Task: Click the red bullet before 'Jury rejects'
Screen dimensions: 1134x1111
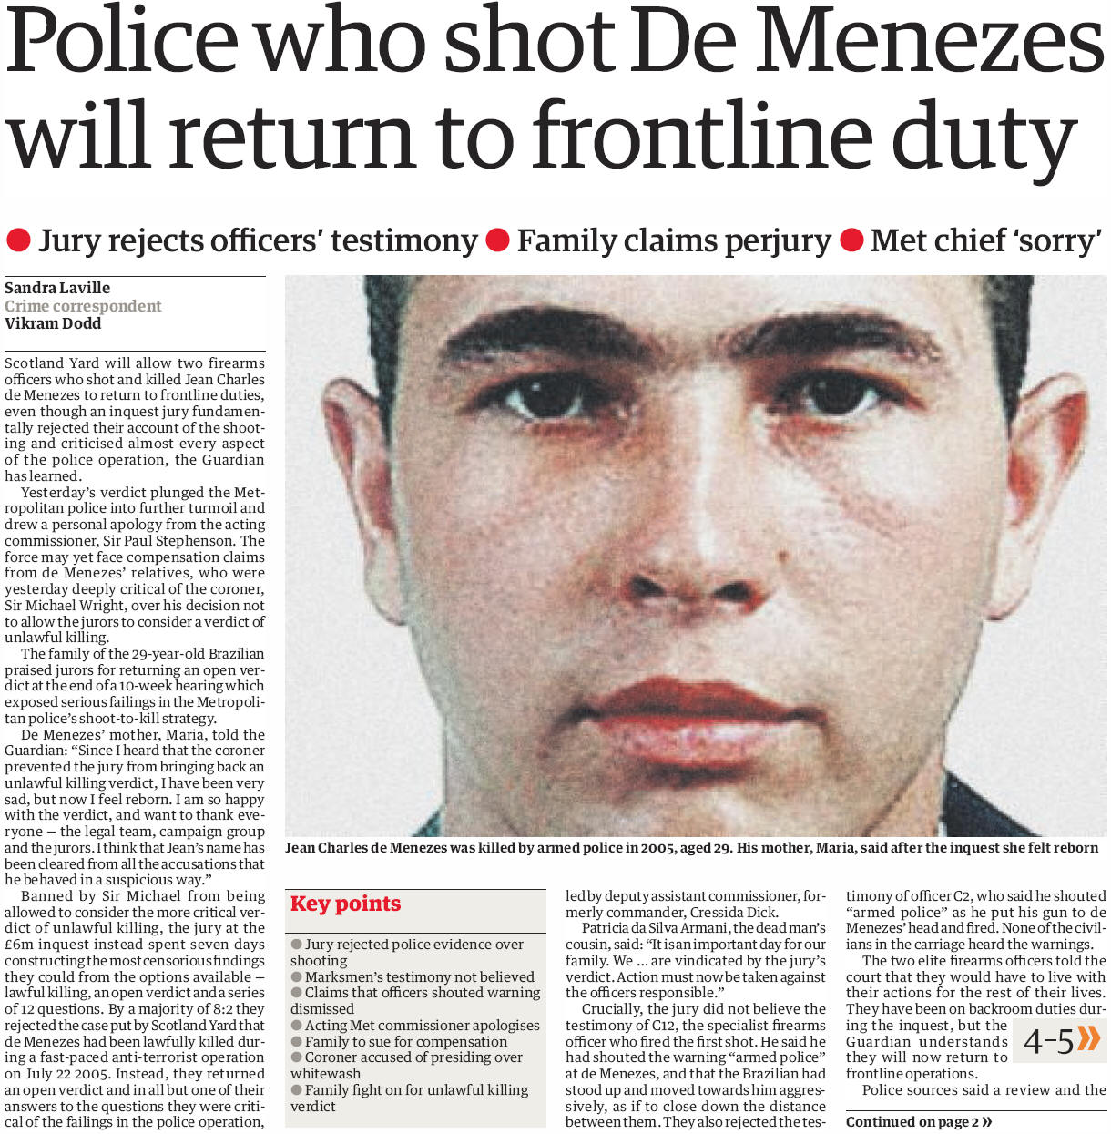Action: click(x=18, y=240)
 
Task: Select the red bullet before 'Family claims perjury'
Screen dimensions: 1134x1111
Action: click(x=497, y=240)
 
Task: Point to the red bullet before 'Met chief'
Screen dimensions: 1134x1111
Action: click(x=851, y=240)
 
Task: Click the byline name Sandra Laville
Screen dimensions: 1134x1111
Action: click(x=57, y=288)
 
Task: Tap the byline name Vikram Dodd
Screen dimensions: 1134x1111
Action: click(x=53, y=323)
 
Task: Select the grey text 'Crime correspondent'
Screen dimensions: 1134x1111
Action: click(x=83, y=306)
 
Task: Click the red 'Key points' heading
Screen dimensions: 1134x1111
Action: click(x=345, y=904)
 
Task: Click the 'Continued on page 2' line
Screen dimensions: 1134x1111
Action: click(x=918, y=1122)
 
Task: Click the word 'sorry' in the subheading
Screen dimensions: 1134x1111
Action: click(x=1059, y=240)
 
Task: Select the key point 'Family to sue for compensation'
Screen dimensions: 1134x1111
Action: click(x=406, y=1041)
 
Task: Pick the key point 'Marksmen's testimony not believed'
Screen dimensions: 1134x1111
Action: click(x=419, y=976)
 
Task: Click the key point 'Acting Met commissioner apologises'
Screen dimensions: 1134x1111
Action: click(x=422, y=1025)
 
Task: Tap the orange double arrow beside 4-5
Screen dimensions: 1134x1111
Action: click(x=1088, y=1038)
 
